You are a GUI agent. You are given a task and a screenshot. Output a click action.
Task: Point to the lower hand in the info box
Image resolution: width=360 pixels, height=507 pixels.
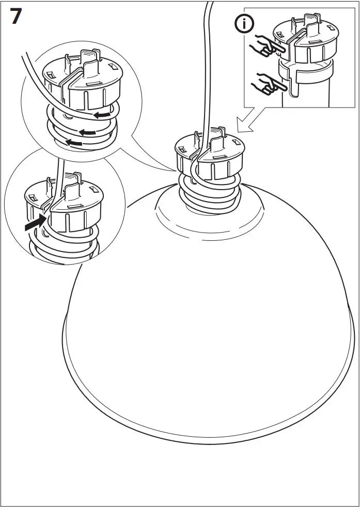267,83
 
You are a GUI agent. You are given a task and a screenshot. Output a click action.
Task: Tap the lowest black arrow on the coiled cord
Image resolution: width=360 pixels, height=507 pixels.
75,142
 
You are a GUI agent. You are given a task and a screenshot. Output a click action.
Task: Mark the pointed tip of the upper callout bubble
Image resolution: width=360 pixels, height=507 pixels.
174,171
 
